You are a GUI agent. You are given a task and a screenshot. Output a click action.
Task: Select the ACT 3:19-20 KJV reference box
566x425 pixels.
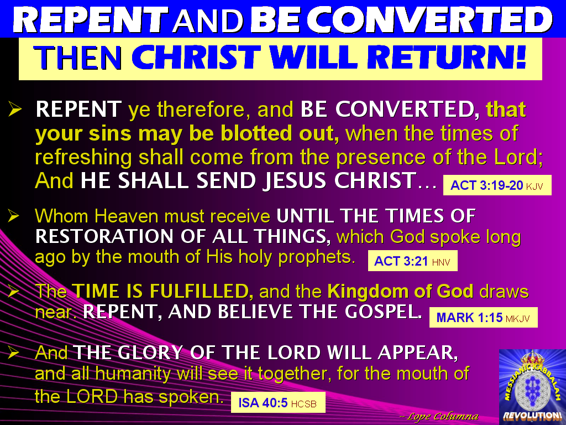pyautogui.click(x=496, y=186)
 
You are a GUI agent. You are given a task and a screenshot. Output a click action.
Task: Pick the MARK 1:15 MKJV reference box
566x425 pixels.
pyautogui.click(x=483, y=318)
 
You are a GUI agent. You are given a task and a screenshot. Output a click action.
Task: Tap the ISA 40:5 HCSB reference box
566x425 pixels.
pyautogui.click(x=277, y=403)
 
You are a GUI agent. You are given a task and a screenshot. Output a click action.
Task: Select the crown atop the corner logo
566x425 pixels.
pyautogui.click(x=532, y=359)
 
